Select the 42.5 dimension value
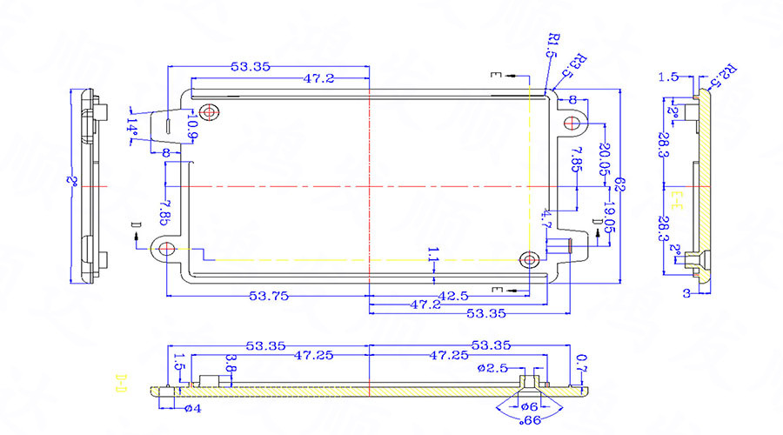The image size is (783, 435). point(452,296)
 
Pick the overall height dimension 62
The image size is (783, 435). point(620,184)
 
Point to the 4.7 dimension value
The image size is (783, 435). point(546,217)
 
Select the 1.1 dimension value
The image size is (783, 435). point(432,254)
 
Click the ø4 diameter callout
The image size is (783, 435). point(192,408)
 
